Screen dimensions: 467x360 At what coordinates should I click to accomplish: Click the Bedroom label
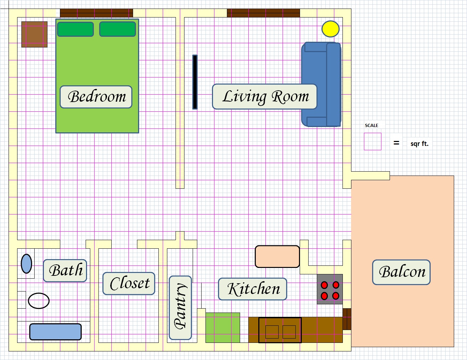coord(96,97)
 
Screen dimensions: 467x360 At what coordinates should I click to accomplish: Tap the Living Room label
coord(265,96)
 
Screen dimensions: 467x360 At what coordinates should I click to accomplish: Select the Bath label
coord(65,270)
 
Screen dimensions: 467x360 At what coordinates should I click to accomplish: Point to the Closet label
coord(129,284)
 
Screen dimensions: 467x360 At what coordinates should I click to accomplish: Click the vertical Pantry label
coord(180,308)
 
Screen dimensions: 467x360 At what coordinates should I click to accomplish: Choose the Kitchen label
coord(253,289)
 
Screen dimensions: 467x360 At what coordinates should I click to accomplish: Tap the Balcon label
coord(401,272)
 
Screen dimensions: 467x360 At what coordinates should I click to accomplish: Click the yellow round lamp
coord(330,29)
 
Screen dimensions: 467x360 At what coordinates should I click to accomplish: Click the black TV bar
coord(195,82)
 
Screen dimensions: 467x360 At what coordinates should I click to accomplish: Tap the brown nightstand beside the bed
coord(34,34)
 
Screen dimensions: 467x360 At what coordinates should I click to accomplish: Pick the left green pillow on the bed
coord(75,29)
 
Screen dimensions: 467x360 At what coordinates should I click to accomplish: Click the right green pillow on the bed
coord(118,29)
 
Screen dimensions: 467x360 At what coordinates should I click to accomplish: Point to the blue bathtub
coord(55,332)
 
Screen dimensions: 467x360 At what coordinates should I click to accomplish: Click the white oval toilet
coord(39,301)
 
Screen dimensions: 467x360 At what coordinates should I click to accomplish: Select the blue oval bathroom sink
coord(26,264)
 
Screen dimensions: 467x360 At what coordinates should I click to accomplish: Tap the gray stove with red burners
coord(330,289)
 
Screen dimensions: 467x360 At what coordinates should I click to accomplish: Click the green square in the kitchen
coord(223,328)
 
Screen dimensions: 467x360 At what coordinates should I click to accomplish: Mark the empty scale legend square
coord(372,141)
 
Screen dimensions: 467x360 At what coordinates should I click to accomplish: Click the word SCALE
coord(371,126)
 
